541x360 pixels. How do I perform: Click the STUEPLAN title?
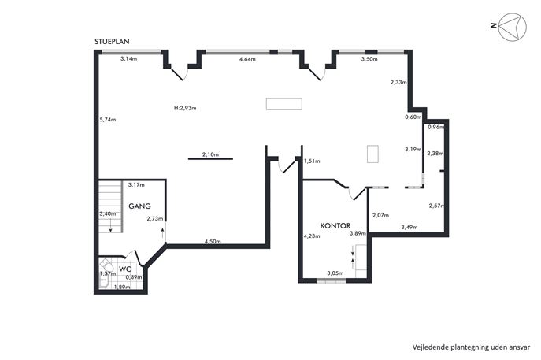tap(112, 42)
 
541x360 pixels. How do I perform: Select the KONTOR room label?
tap(335, 226)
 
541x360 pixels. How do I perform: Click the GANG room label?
tap(139, 206)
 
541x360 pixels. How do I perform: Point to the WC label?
tap(124, 269)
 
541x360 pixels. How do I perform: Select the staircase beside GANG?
tap(110, 206)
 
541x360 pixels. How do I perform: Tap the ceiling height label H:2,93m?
tap(185, 108)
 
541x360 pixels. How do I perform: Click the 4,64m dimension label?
tap(247, 59)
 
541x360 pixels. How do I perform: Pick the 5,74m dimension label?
tap(108, 120)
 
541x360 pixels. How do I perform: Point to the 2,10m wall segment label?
tap(210, 154)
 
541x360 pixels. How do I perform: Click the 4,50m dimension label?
tap(213, 241)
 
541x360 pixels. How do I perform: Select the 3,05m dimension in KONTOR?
tap(335, 273)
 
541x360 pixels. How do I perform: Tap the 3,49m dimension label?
tap(409, 227)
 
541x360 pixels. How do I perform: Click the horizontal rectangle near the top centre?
tap(284, 104)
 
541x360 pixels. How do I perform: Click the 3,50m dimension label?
tap(369, 59)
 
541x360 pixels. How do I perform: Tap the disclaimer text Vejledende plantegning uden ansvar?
tap(471, 347)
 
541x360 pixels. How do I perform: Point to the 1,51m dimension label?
tap(312, 161)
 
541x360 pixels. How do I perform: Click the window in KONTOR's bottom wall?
tap(332, 280)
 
